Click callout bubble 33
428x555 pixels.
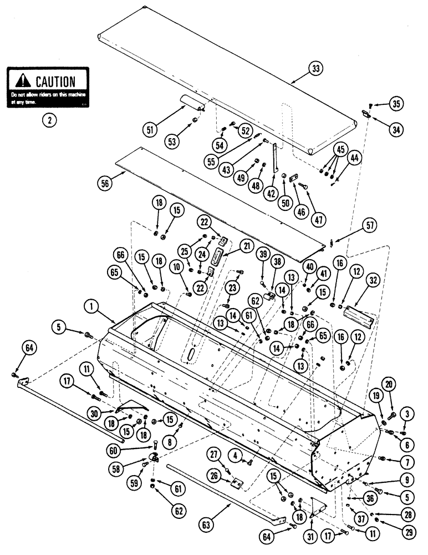315,69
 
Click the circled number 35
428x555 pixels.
396,104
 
